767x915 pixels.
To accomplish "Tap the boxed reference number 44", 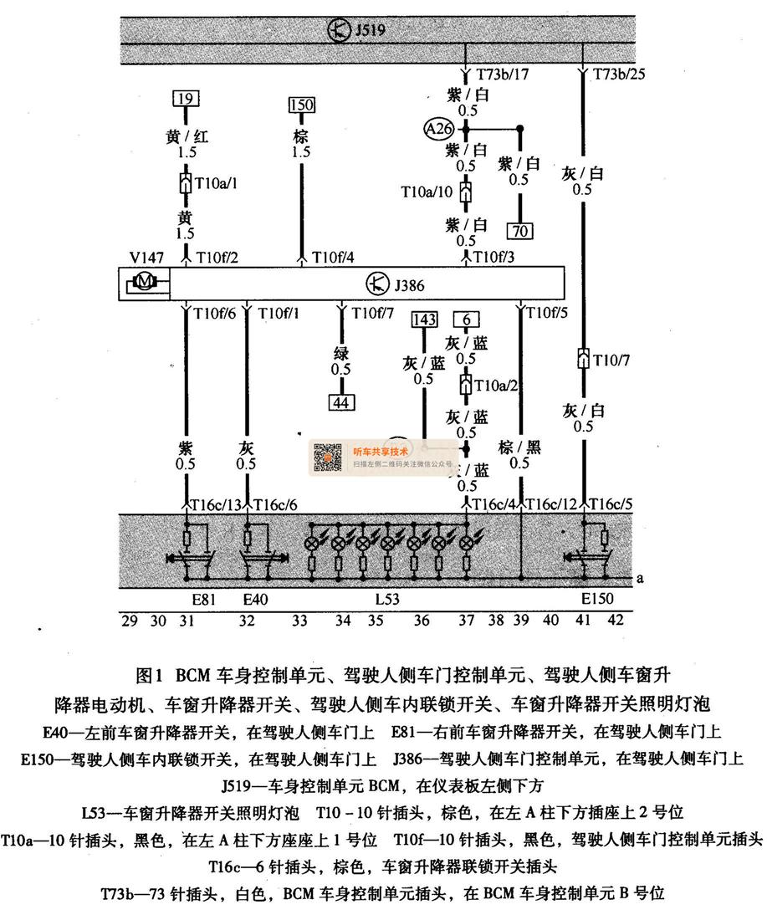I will pyautogui.click(x=340, y=402).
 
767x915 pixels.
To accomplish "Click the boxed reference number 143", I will pyautogui.click(x=425, y=319).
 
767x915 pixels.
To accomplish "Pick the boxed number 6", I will pyautogui.click(x=466, y=319).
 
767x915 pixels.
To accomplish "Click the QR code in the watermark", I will pyautogui.click(x=327, y=456).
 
